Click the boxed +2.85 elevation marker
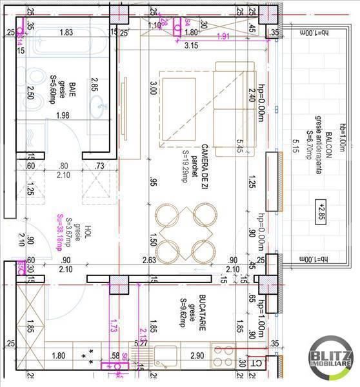tap(322, 208)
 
